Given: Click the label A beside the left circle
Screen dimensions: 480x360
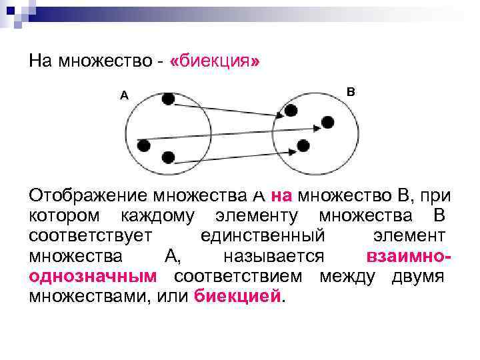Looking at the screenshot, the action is point(124,95).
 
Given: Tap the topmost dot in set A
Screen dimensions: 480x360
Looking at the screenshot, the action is point(168,99).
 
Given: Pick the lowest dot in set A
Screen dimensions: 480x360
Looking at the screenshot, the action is point(168,157).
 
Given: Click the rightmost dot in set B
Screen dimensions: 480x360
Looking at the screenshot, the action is point(327,121).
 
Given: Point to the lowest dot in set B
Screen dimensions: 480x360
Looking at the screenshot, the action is point(303,145).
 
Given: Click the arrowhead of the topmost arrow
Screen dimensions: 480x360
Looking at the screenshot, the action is point(280,116).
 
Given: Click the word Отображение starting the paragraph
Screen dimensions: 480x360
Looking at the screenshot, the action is point(89,197).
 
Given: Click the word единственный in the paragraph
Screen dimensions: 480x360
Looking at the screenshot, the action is point(263,237).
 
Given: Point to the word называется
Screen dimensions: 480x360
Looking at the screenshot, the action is point(274,257).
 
